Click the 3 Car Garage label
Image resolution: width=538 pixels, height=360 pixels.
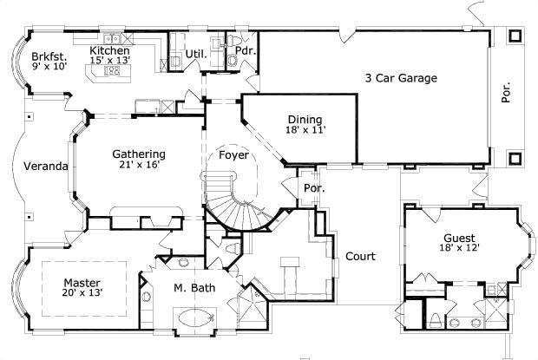click(401, 78)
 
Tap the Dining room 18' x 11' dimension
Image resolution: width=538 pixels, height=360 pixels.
click(305, 129)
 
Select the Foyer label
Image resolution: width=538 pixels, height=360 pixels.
click(233, 155)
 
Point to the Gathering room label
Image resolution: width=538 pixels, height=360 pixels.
click(139, 154)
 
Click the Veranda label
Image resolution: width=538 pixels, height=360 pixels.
click(46, 167)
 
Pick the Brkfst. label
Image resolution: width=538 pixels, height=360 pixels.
click(49, 56)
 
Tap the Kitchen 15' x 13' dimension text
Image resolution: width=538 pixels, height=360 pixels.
click(110, 61)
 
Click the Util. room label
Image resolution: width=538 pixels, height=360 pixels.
click(196, 54)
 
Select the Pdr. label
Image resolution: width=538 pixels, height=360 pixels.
click(246, 50)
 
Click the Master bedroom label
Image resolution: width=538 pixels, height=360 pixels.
click(82, 283)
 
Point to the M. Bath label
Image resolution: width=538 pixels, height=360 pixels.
click(194, 288)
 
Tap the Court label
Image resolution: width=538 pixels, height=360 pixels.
click(360, 256)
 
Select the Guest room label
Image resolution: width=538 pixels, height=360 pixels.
click(459, 238)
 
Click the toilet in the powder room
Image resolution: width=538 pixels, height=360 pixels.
click(233, 61)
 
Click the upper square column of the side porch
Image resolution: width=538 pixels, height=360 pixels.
click(515, 36)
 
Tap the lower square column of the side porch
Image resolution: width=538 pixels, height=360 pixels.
click(515, 159)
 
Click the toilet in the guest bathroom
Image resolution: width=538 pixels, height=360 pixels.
click(436, 320)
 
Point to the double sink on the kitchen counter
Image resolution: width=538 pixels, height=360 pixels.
click(112, 38)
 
